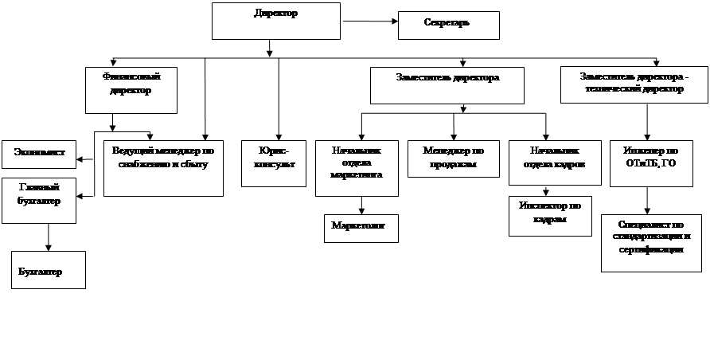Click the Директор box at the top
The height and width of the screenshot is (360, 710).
click(x=276, y=21)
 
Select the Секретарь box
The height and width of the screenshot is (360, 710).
click(x=449, y=25)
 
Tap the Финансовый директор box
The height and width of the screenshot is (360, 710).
click(x=131, y=89)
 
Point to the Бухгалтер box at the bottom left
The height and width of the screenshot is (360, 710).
click(x=48, y=271)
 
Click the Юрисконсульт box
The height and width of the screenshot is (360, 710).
click(x=273, y=163)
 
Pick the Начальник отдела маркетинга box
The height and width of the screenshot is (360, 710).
click(x=356, y=168)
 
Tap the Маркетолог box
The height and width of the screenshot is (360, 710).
click(x=361, y=228)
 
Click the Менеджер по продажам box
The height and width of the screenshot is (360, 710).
click(x=454, y=158)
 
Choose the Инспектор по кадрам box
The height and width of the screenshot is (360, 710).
click(x=550, y=215)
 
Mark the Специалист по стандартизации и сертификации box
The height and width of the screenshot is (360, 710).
click(x=651, y=242)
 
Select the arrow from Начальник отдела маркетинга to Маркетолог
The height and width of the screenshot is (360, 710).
click(x=361, y=205)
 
